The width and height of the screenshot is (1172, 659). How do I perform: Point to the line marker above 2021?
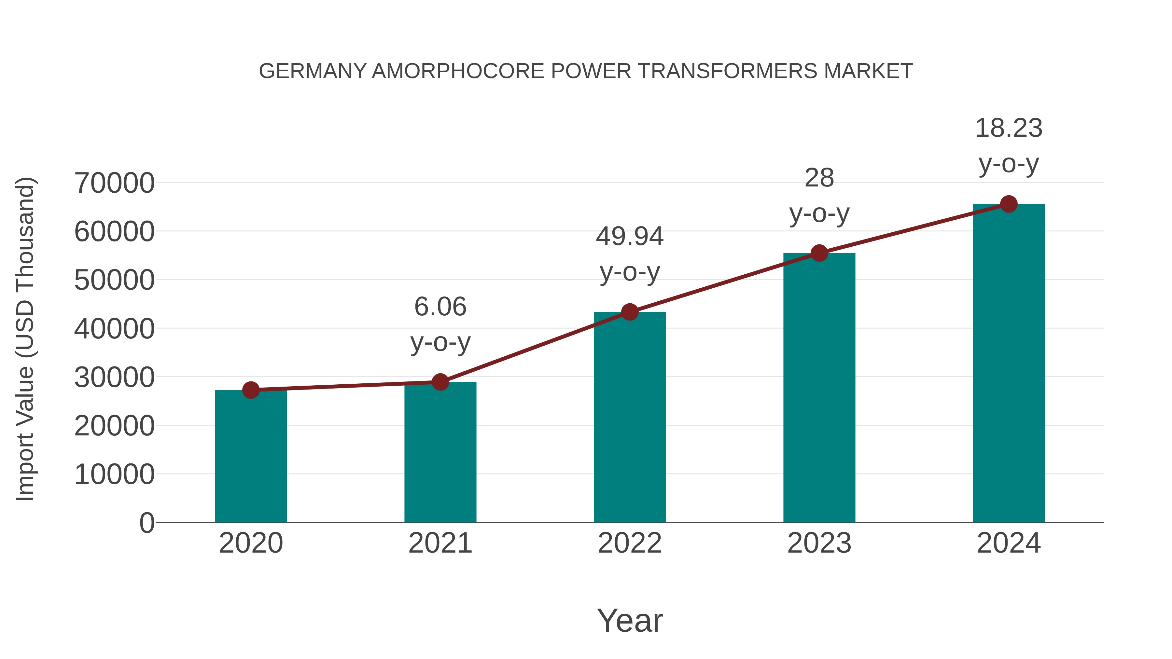click(440, 382)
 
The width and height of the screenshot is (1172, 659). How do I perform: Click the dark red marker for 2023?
click(819, 253)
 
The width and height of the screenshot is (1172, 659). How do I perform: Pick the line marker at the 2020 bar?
click(251, 390)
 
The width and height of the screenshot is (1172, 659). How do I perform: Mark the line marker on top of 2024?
click(1009, 204)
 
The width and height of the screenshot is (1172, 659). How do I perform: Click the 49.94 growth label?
click(630, 237)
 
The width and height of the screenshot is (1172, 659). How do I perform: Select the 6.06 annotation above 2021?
click(440, 307)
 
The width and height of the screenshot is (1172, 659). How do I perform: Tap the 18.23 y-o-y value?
click(1009, 128)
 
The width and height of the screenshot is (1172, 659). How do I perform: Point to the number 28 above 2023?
click(819, 178)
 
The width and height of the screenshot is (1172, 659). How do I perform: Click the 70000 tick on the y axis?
click(114, 183)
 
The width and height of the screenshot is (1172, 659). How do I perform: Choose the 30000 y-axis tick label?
click(114, 377)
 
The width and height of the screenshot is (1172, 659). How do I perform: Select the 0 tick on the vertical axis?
click(146, 523)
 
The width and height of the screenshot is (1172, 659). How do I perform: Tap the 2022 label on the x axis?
click(630, 543)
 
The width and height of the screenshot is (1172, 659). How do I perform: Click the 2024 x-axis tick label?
click(1009, 543)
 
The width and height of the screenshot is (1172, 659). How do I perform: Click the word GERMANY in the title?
click(313, 71)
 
